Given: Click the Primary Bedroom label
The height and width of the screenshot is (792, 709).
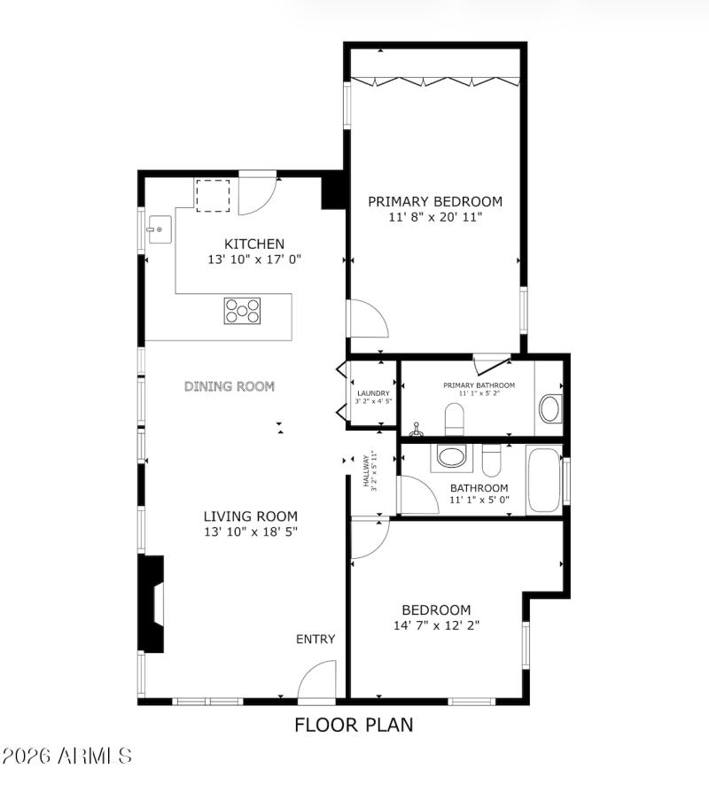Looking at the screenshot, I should [x=435, y=201].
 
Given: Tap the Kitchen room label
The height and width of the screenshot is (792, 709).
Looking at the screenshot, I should [x=254, y=244].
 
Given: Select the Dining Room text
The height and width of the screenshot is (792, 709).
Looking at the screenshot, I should [x=230, y=386].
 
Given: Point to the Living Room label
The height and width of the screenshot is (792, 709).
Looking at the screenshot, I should [x=251, y=516].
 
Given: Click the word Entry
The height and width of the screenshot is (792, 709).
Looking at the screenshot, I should [x=316, y=639].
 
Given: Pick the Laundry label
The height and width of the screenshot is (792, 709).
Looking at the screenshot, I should [x=373, y=393].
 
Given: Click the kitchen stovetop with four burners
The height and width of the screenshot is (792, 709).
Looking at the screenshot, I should [x=243, y=310].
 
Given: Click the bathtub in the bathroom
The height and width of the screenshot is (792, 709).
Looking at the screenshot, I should [x=543, y=481].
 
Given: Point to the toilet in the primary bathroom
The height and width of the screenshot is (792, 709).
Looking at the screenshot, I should [x=455, y=418].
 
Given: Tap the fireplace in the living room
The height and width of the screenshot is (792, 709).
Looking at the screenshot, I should [x=153, y=604].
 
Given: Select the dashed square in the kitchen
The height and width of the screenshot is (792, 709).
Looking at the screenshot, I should [x=213, y=196].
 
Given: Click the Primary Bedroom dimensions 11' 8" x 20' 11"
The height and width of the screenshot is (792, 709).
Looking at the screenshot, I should [x=435, y=216].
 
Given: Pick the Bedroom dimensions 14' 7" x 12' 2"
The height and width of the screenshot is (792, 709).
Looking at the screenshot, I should [x=436, y=625].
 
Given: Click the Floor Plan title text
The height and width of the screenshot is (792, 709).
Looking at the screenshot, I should [x=354, y=725].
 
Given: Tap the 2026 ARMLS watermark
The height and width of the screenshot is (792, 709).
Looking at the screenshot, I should [x=67, y=756].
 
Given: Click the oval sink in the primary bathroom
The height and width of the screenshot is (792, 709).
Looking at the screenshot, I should [x=549, y=409].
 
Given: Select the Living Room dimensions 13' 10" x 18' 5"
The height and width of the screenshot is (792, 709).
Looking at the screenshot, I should [x=251, y=532].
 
